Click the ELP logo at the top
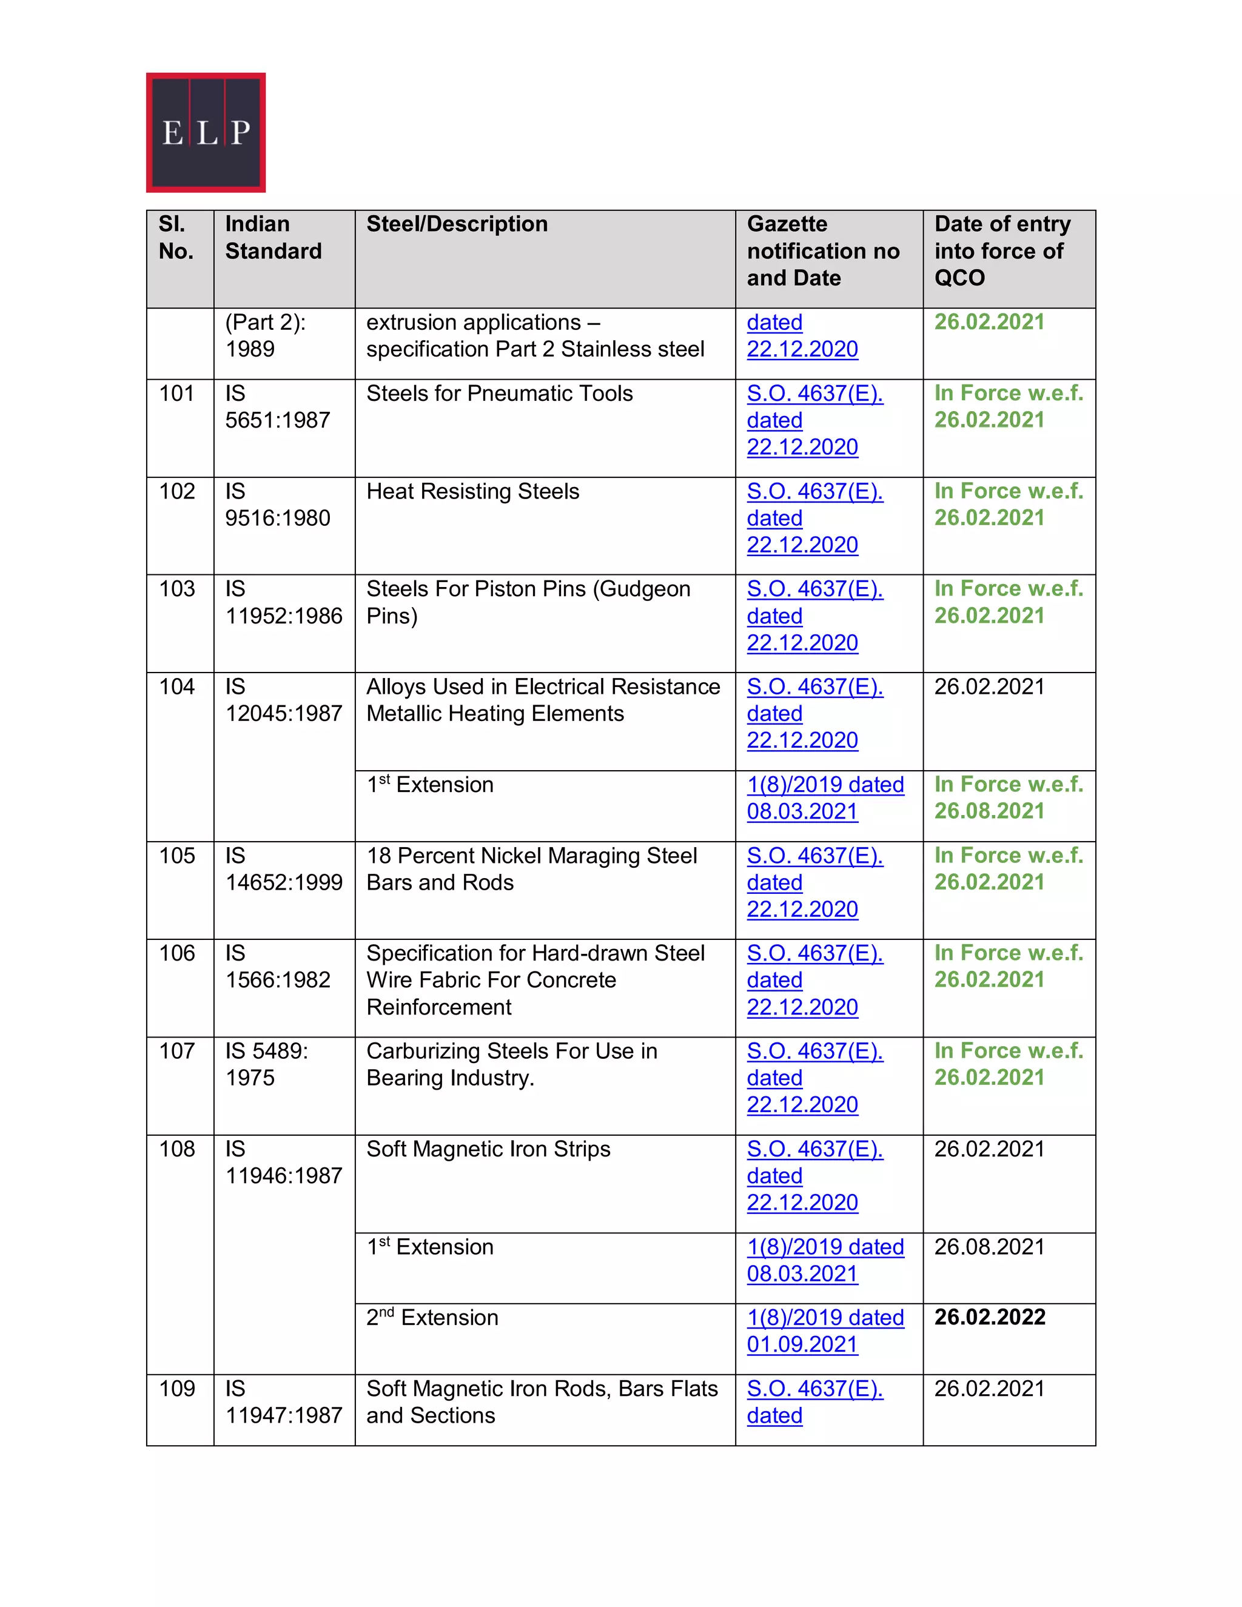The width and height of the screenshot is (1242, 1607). pos(206,132)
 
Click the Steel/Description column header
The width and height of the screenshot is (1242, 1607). pos(457,224)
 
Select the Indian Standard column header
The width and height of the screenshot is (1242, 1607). pos(273,238)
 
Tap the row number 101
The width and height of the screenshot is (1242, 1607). pos(176,394)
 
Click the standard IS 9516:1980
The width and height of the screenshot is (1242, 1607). pos(277,505)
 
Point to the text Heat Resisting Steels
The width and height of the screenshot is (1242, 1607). pos(472,492)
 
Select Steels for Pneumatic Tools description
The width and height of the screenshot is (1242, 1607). pos(499,394)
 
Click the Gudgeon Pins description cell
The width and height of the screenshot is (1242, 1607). pos(528,602)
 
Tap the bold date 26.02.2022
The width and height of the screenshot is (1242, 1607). pos(990,1317)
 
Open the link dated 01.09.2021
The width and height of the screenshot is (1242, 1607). pos(825,1330)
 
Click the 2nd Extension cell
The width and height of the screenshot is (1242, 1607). pos(432,1318)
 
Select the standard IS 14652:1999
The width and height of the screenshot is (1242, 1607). pos(283,869)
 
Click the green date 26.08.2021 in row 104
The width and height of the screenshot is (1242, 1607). pos(990,811)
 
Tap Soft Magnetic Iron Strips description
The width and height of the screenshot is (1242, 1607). pos(488,1149)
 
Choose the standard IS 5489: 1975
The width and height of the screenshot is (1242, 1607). pos(266,1064)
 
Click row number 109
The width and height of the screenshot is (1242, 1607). pos(176,1389)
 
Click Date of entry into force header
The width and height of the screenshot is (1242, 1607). pos(1001,251)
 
